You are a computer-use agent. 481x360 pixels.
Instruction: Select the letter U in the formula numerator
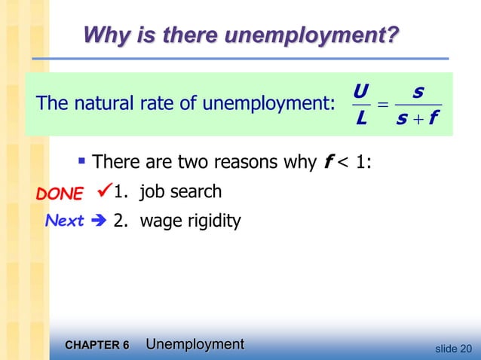360,93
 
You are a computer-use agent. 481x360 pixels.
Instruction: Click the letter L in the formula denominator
361,119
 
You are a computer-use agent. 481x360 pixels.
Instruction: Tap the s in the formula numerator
419,93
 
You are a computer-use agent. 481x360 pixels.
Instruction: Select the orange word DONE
60,194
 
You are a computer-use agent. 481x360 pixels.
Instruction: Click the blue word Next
64,221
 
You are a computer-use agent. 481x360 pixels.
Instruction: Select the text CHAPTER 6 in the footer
97,346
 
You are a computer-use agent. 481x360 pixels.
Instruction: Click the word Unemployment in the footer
195,344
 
